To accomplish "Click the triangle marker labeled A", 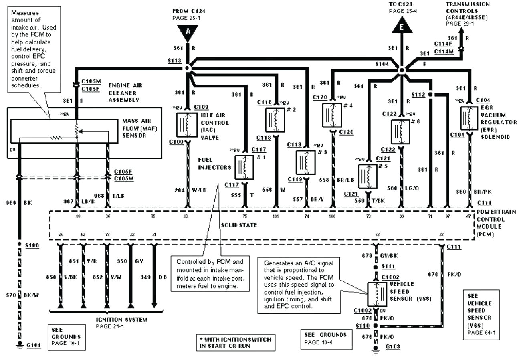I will [x=187, y=32].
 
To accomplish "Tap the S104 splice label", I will [x=382, y=63].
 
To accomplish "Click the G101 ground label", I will [x=34, y=345].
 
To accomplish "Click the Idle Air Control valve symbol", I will [x=187, y=125].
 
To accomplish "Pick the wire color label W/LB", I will [x=199, y=190].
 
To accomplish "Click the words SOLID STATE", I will [x=239, y=225].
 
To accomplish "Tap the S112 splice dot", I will [x=430, y=95].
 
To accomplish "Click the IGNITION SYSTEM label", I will [x=121, y=320].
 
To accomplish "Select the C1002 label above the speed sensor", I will [x=390, y=277].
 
